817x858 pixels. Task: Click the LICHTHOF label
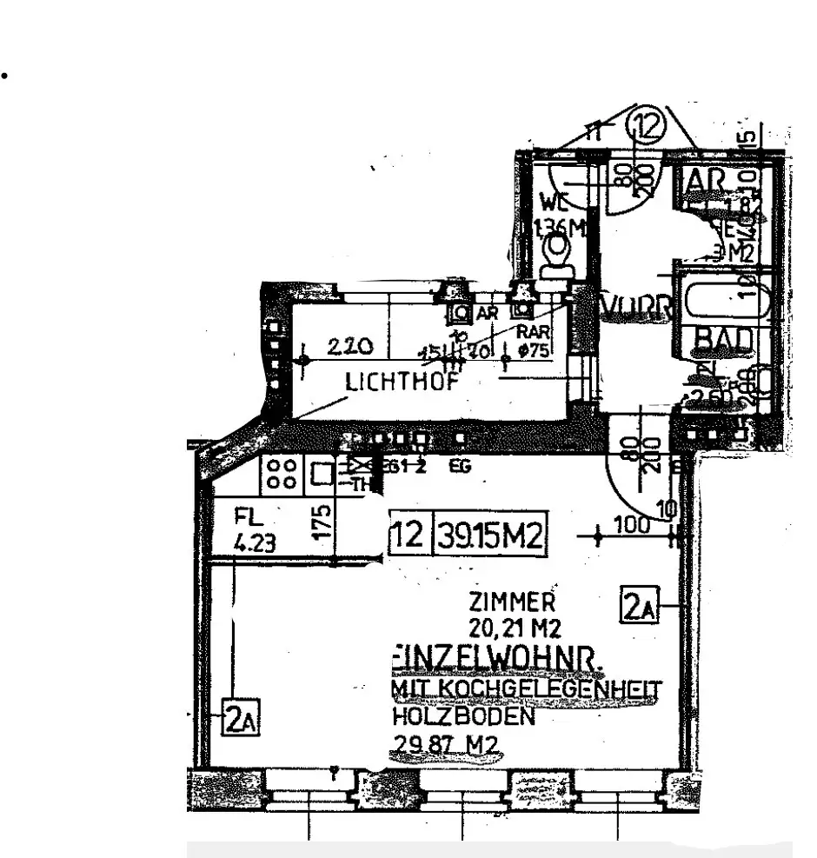401,382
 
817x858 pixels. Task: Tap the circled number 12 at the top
644,128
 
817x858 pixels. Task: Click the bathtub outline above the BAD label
722,301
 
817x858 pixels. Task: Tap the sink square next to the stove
322,475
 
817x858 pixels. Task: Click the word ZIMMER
511,602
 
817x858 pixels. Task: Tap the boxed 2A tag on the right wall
640,605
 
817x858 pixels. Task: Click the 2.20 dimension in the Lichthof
352,347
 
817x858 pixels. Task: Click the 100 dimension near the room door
631,525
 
